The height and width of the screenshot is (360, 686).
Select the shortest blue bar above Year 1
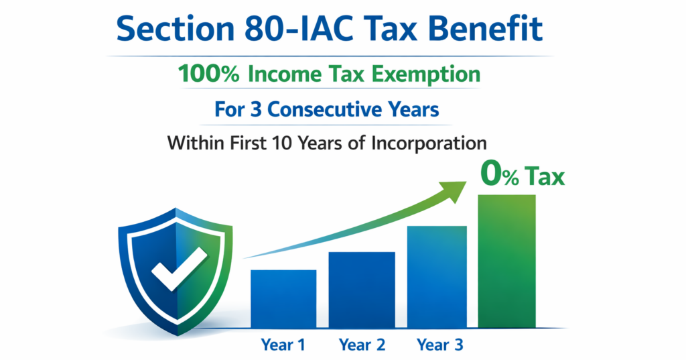283,299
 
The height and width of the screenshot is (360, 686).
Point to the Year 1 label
283,345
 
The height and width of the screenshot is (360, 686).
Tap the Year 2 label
362,345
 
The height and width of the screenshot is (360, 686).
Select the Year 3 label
439,345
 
